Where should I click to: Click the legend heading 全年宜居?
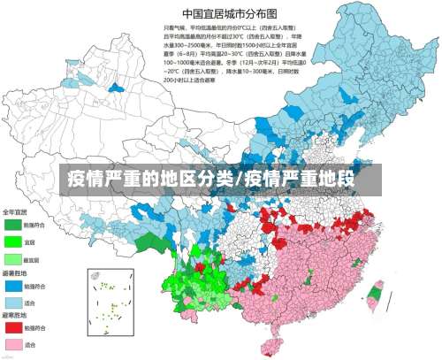tap(16, 212)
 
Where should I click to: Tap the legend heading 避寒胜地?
tap(16, 315)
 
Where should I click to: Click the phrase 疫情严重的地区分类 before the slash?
tap(150, 180)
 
